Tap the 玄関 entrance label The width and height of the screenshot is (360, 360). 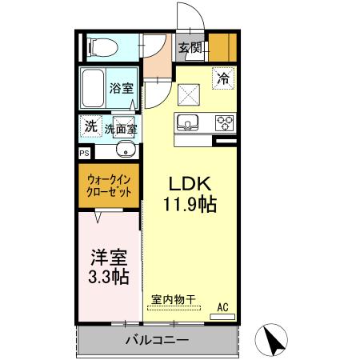pos(190,48)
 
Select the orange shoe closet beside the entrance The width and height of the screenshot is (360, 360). pos(222,48)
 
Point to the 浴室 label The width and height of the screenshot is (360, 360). pos(122,90)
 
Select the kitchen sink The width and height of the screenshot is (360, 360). pos(189,123)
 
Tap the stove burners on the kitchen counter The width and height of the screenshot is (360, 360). pos(224,123)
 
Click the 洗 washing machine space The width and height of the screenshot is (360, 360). pos(90,126)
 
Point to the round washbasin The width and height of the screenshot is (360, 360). pos(125,150)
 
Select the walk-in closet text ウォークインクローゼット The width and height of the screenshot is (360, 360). pos(109,186)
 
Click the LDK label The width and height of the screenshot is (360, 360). pos(190,181)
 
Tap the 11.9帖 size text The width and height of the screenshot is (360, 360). pos(190,205)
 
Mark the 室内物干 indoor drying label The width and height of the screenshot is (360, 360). pos(174,300)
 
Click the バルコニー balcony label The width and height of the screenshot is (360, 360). pos(157,340)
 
